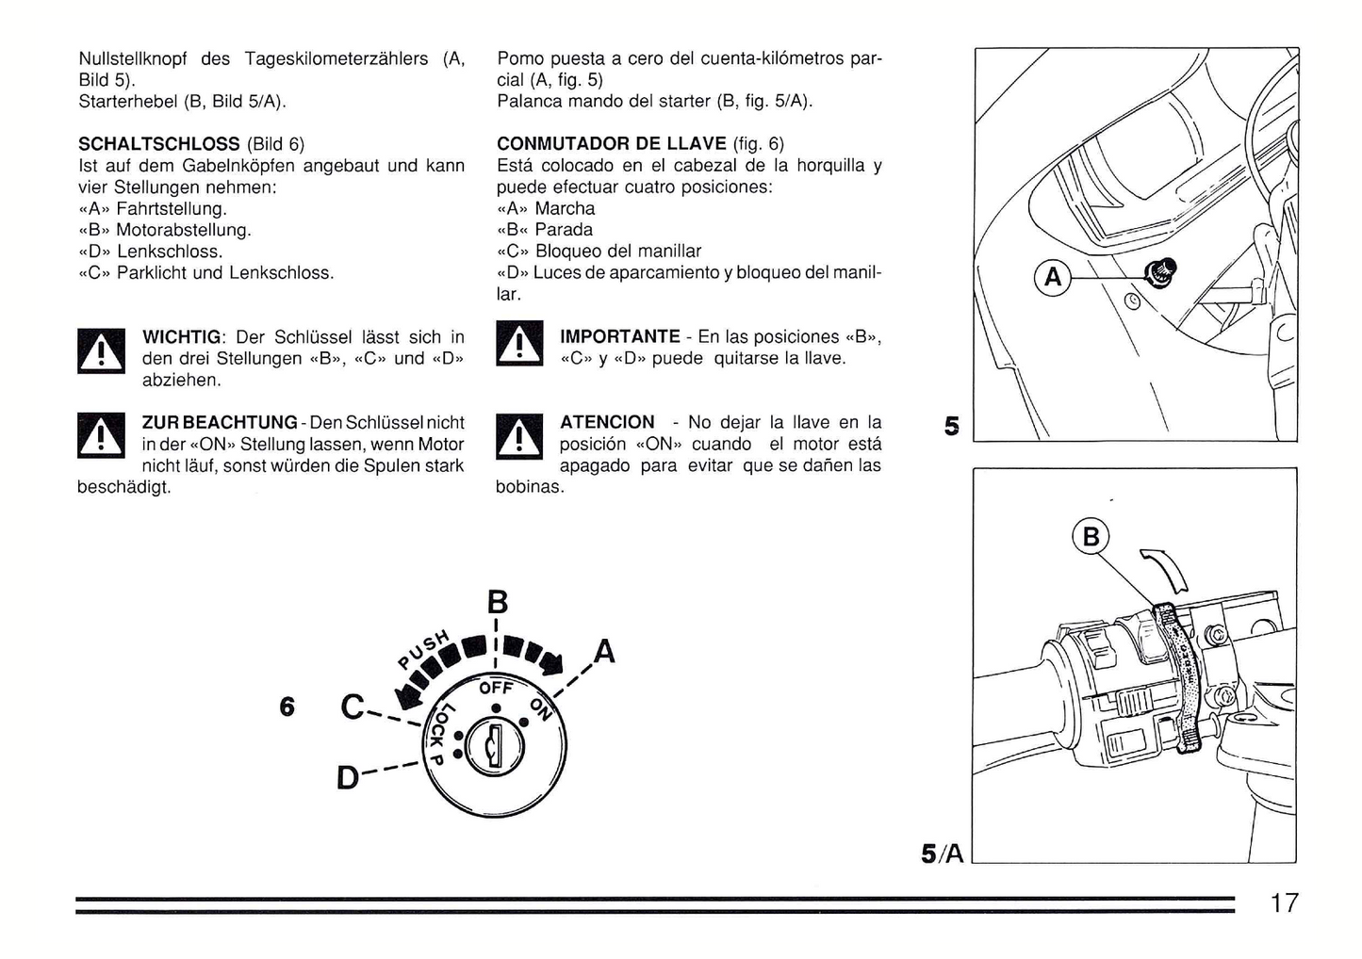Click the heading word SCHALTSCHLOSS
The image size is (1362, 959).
(x=158, y=144)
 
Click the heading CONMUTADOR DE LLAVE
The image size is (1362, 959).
(x=611, y=144)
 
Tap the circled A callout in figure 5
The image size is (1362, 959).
(x=1053, y=277)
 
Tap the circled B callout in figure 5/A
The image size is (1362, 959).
(x=1091, y=537)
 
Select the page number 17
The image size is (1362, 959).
(x=1284, y=903)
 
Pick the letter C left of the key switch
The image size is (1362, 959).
(x=352, y=707)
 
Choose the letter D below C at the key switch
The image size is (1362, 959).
(x=348, y=778)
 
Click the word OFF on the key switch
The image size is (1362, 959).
(x=496, y=688)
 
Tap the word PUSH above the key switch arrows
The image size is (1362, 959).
(x=423, y=648)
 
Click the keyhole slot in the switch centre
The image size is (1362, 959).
(x=493, y=751)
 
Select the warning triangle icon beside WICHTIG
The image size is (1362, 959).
(x=100, y=350)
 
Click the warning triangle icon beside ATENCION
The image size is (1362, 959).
(x=519, y=436)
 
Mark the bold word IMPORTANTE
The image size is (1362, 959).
(x=619, y=336)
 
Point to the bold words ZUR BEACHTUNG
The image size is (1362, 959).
(x=219, y=422)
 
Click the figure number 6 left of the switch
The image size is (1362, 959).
(x=287, y=706)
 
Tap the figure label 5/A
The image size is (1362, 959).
(x=942, y=853)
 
